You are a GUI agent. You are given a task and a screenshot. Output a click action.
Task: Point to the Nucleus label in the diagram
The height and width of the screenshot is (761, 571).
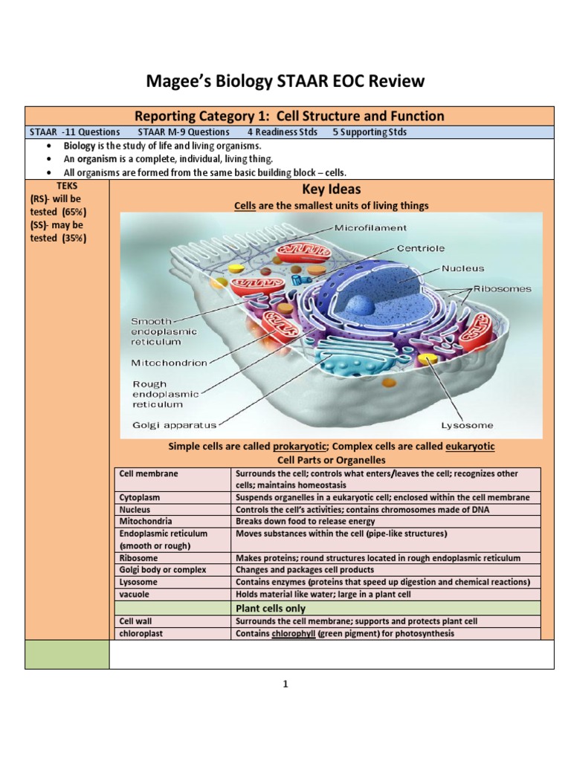point(462,268)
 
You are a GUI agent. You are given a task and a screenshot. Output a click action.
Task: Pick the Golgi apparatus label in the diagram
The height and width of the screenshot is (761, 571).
point(174,425)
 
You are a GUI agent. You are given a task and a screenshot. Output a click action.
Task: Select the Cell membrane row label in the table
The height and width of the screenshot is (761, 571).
point(149,473)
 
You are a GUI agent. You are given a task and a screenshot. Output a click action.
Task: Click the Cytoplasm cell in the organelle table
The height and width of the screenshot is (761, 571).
point(141,496)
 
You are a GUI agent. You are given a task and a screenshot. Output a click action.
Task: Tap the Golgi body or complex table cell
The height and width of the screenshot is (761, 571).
point(162,569)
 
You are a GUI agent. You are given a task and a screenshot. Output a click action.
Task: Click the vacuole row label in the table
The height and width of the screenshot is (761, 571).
point(134,594)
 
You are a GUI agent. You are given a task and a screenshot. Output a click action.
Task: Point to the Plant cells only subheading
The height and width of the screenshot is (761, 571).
point(271,608)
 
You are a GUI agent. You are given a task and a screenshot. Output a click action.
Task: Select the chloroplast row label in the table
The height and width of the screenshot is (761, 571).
point(141,633)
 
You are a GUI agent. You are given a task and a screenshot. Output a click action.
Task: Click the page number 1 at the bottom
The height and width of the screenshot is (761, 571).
point(285,684)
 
